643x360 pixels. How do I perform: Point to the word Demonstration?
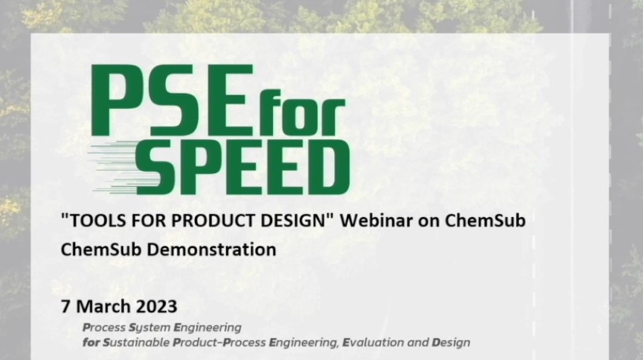[211, 249]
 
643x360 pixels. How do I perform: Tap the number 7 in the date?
[65, 306]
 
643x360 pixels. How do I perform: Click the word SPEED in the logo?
[243, 167]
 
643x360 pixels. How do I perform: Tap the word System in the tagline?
[150, 328]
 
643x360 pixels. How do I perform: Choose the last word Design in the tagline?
[451, 343]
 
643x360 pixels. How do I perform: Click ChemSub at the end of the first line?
[485, 220]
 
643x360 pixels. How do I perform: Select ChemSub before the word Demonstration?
[101, 249]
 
